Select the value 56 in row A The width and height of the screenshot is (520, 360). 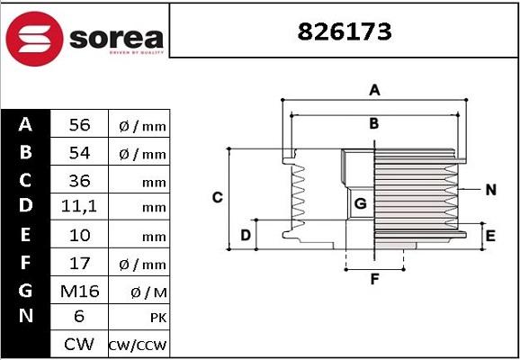point(80,125)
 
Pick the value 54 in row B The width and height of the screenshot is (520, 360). point(80,153)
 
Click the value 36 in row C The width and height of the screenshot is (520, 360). point(80,180)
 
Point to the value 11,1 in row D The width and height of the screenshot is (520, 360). point(80,207)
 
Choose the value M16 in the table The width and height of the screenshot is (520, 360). point(80,290)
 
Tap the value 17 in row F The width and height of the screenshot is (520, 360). point(80,263)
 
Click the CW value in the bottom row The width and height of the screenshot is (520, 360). point(80,344)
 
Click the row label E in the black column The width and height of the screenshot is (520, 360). point(26,235)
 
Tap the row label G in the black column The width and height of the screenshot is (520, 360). point(26,290)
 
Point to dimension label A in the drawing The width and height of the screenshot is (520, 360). point(374,89)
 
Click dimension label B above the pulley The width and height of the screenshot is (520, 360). point(374,123)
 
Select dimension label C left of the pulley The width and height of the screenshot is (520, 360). point(217,197)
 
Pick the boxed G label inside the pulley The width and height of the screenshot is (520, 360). point(360,204)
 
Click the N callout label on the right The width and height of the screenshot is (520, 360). point(491,190)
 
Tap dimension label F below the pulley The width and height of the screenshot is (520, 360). point(374,279)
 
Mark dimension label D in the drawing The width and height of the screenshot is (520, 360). point(245,236)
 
